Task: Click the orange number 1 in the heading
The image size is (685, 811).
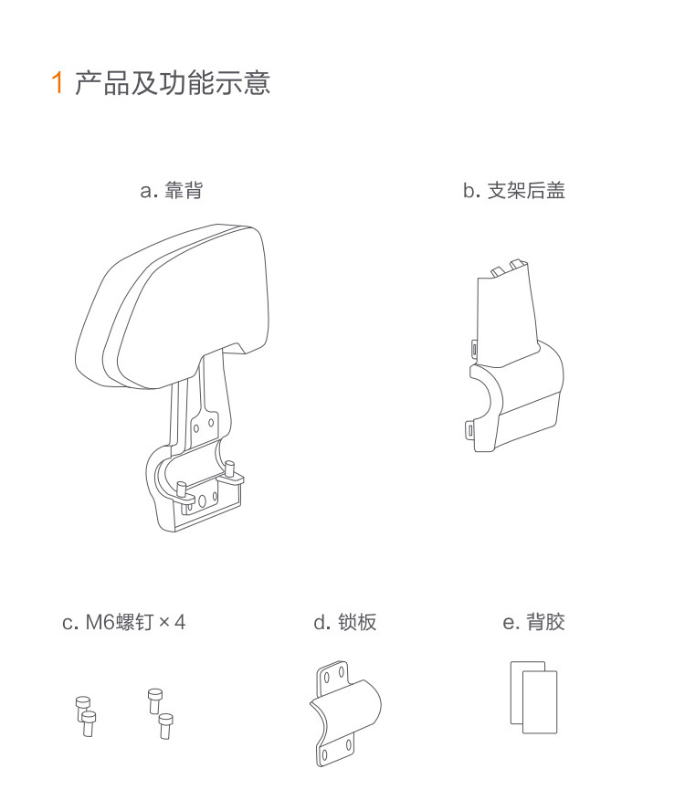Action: pyautogui.click(x=58, y=83)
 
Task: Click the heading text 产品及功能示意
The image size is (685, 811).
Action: pyautogui.click(x=173, y=83)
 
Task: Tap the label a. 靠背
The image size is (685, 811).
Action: pyautogui.click(x=172, y=190)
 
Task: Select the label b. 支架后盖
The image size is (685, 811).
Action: pyautogui.click(x=513, y=190)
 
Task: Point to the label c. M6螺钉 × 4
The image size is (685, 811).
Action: pyautogui.click(x=123, y=622)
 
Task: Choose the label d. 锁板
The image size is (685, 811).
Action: pyautogui.click(x=344, y=622)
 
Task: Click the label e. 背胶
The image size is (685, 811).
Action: pyautogui.click(x=533, y=622)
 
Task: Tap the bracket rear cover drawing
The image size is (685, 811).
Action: pyautogui.click(x=515, y=357)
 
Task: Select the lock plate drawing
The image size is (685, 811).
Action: pyautogui.click(x=345, y=714)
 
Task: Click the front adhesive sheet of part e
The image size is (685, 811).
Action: pyautogui.click(x=540, y=702)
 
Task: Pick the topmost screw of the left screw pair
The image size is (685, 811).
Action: pyautogui.click(x=83, y=705)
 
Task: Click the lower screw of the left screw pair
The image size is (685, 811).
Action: pyautogui.click(x=89, y=723)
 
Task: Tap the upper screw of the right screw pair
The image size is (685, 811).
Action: pyautogui.click(x=154, y=700)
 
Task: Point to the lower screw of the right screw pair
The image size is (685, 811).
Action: pyautogui.click(x=165, y=726)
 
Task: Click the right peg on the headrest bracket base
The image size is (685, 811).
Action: pyautogui.click(x=231, y=472)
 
